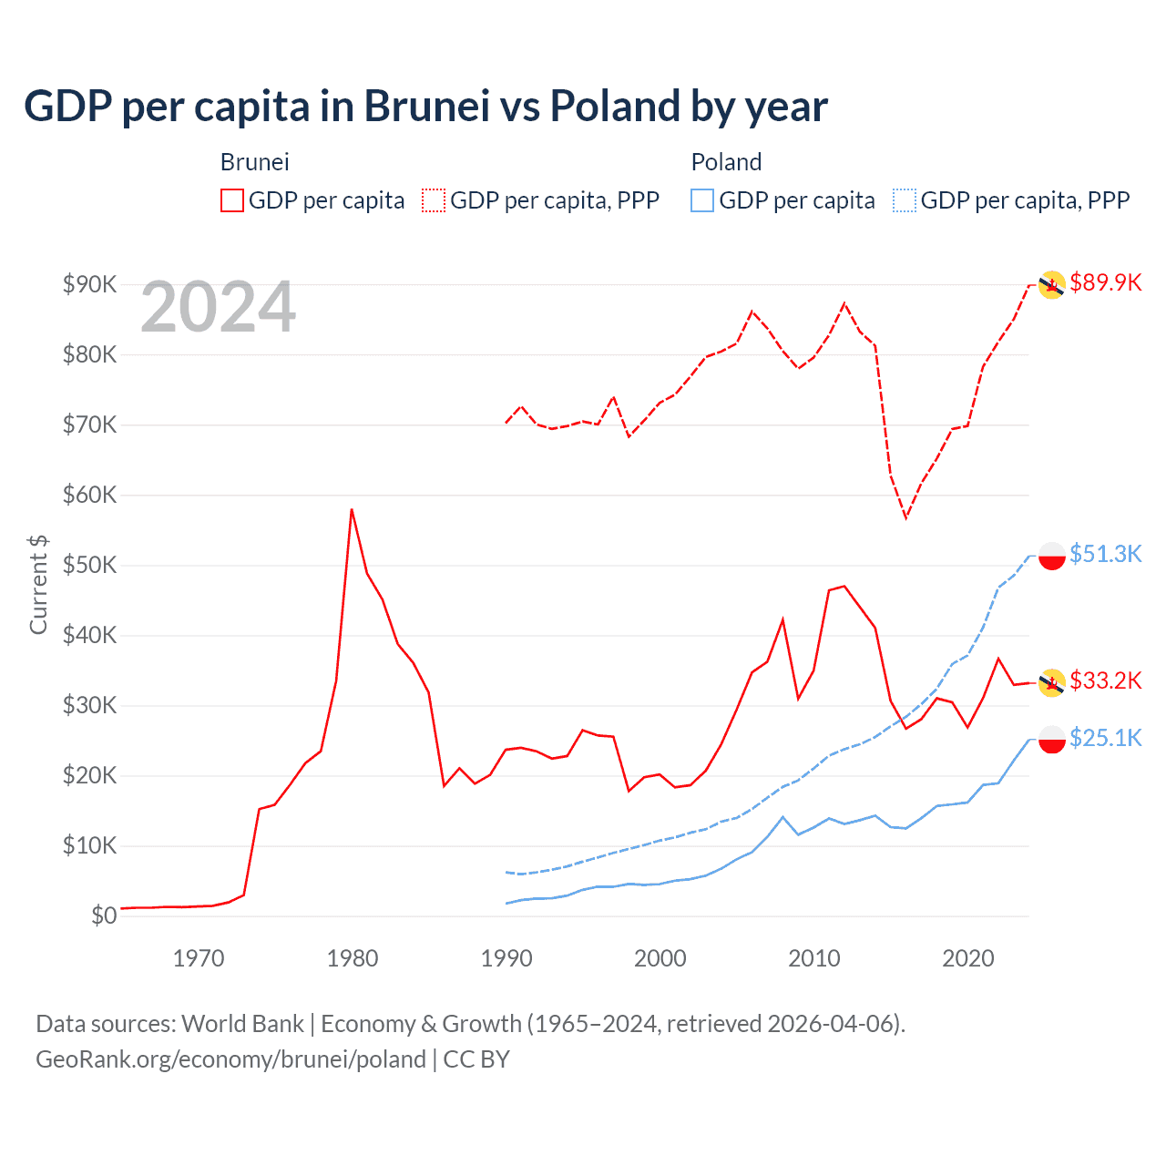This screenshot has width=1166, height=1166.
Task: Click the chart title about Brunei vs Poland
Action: (x=425, y=106)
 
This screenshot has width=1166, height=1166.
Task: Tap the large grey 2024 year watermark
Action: (x=218, y=307)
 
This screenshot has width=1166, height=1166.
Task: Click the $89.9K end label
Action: (x=1105, y=282)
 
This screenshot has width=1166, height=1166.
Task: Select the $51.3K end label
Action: (x=1105, y=554)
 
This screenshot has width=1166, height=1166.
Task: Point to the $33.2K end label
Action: (x=1105, y=680)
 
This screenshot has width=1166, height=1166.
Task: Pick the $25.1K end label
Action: (x=1105, y=738)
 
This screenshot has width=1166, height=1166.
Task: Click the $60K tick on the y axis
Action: (x=89, y=495)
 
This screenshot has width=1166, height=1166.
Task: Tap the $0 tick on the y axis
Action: (x=104, y=915)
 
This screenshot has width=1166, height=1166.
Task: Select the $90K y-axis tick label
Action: (x=89, y=284)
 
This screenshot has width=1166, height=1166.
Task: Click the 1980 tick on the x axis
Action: (x=353, y=958)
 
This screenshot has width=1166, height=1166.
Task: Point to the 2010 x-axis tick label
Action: (x=813, y=958)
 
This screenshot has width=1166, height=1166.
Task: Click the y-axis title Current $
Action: (x=38, y=584)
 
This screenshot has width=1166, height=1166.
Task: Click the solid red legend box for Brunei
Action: (x=232, y=200)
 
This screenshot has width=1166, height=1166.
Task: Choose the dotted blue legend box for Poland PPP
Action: (x=905, y=200)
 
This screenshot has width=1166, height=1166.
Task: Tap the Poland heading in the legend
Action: (x=726, y=162)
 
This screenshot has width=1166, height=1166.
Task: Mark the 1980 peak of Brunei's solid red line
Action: (x=352, y=509)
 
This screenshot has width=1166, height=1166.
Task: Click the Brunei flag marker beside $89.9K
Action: (x=1052, y=284)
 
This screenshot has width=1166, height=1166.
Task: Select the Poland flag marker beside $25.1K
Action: (x=1052, y=739)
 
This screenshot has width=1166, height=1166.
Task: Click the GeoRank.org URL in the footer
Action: (x=230, y=1059)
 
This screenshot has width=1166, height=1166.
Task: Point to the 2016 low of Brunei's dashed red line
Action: (x=905, y=517)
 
